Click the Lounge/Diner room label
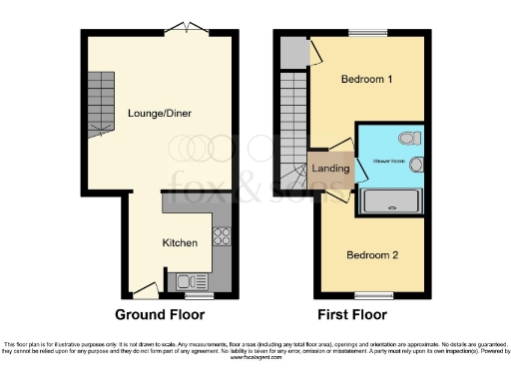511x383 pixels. [x=159, y=113]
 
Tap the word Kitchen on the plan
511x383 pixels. [x=181, y=242]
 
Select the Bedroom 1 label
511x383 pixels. [x=366, y=80]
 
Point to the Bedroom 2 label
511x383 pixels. [x=372, y=255]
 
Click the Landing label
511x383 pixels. [x=330, y=169]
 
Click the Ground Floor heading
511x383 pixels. [x=160, y=314]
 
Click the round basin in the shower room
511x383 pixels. [x=417, y=165]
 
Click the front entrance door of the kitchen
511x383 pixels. [x=145, y=290]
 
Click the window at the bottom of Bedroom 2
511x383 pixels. [x=373, y=295]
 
